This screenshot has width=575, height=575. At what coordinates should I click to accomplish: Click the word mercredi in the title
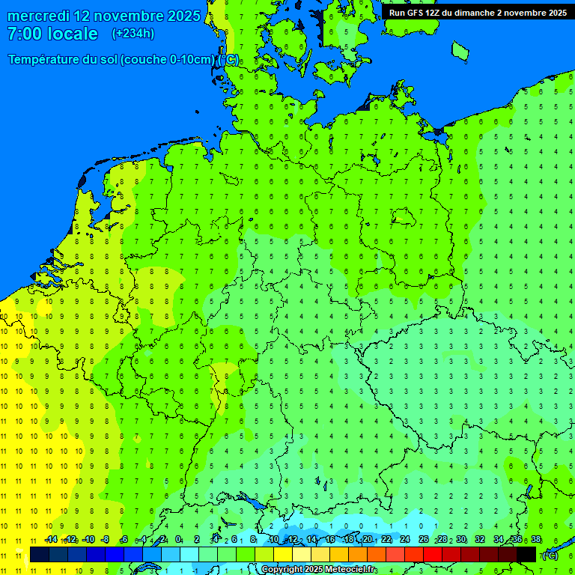pyautogui.click(x=39, y=16)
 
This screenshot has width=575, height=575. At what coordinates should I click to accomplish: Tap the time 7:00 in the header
pyautogui.click(x=25, y=34)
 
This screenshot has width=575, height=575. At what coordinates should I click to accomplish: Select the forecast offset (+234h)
pyautogui.click(x=133, y=34)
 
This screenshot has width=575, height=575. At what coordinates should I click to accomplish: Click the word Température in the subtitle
pyautogui.click(x=44, y=60)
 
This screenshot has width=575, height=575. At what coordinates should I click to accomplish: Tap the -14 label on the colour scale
pyautogui.click(x=51, y=540)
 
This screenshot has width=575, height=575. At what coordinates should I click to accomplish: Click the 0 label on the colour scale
pyautogui.click(x=178, y=540)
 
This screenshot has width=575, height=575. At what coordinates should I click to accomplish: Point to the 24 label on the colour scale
pyautogui.click(x=405, y=540)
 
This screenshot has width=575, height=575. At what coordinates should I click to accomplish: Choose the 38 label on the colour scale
pyautogui.click(x=535, y=540)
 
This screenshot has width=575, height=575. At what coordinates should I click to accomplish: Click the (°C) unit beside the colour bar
pyautogui.click(x=550, y=555)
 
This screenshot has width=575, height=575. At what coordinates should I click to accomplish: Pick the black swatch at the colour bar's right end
pyautogui.click(x=526, y=554)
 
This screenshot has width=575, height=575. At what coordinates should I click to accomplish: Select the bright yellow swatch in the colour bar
pyautogui.click(x=283, y=554)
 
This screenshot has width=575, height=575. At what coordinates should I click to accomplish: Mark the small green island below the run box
pyautogui.click(x=460, y=50)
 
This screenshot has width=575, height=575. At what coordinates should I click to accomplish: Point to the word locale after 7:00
pyautogui.click(x=73, y=34)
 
